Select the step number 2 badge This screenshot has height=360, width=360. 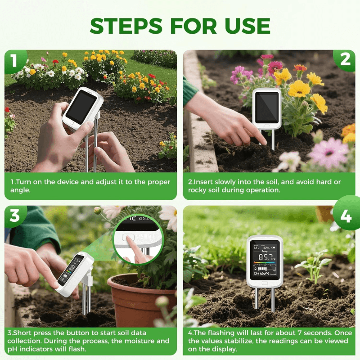(x=345, y=60)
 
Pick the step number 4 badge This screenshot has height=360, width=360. (x=346, y=216)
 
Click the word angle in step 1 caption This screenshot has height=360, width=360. (x=21, y=190)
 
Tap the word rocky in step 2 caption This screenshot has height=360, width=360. (x=199, y=190)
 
